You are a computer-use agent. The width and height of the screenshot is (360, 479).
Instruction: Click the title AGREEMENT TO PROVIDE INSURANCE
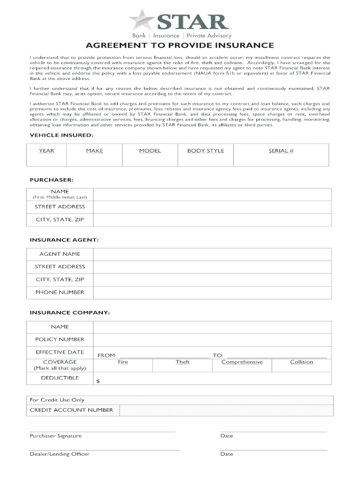180,45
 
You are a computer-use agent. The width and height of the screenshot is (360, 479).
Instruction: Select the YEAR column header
46,151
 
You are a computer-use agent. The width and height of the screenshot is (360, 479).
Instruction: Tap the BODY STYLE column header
205,151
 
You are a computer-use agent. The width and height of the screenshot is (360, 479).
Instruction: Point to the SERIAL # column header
281,151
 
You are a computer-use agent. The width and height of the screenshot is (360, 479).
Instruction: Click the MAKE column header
94,151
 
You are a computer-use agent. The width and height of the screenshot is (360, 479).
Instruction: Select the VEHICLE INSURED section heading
61,135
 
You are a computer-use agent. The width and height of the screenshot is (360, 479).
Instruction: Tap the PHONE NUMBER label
60,292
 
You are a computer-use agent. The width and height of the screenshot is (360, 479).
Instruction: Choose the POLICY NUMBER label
60,340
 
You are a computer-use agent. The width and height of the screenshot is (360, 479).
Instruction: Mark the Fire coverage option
123,362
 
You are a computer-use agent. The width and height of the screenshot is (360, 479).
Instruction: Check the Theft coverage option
182,362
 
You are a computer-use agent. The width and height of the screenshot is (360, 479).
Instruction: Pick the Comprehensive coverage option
242,362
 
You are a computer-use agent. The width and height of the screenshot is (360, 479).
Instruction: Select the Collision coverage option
302,362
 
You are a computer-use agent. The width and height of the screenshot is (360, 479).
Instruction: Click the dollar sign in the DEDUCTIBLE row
98,381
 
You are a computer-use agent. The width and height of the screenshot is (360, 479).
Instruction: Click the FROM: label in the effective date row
107,356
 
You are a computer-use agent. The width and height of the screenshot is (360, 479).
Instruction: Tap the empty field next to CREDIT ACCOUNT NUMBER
226,410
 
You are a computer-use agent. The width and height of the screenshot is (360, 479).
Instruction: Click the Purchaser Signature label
56,436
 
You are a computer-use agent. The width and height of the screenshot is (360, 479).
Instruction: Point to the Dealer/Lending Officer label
59,454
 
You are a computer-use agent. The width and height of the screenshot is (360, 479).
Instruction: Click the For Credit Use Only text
57,400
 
